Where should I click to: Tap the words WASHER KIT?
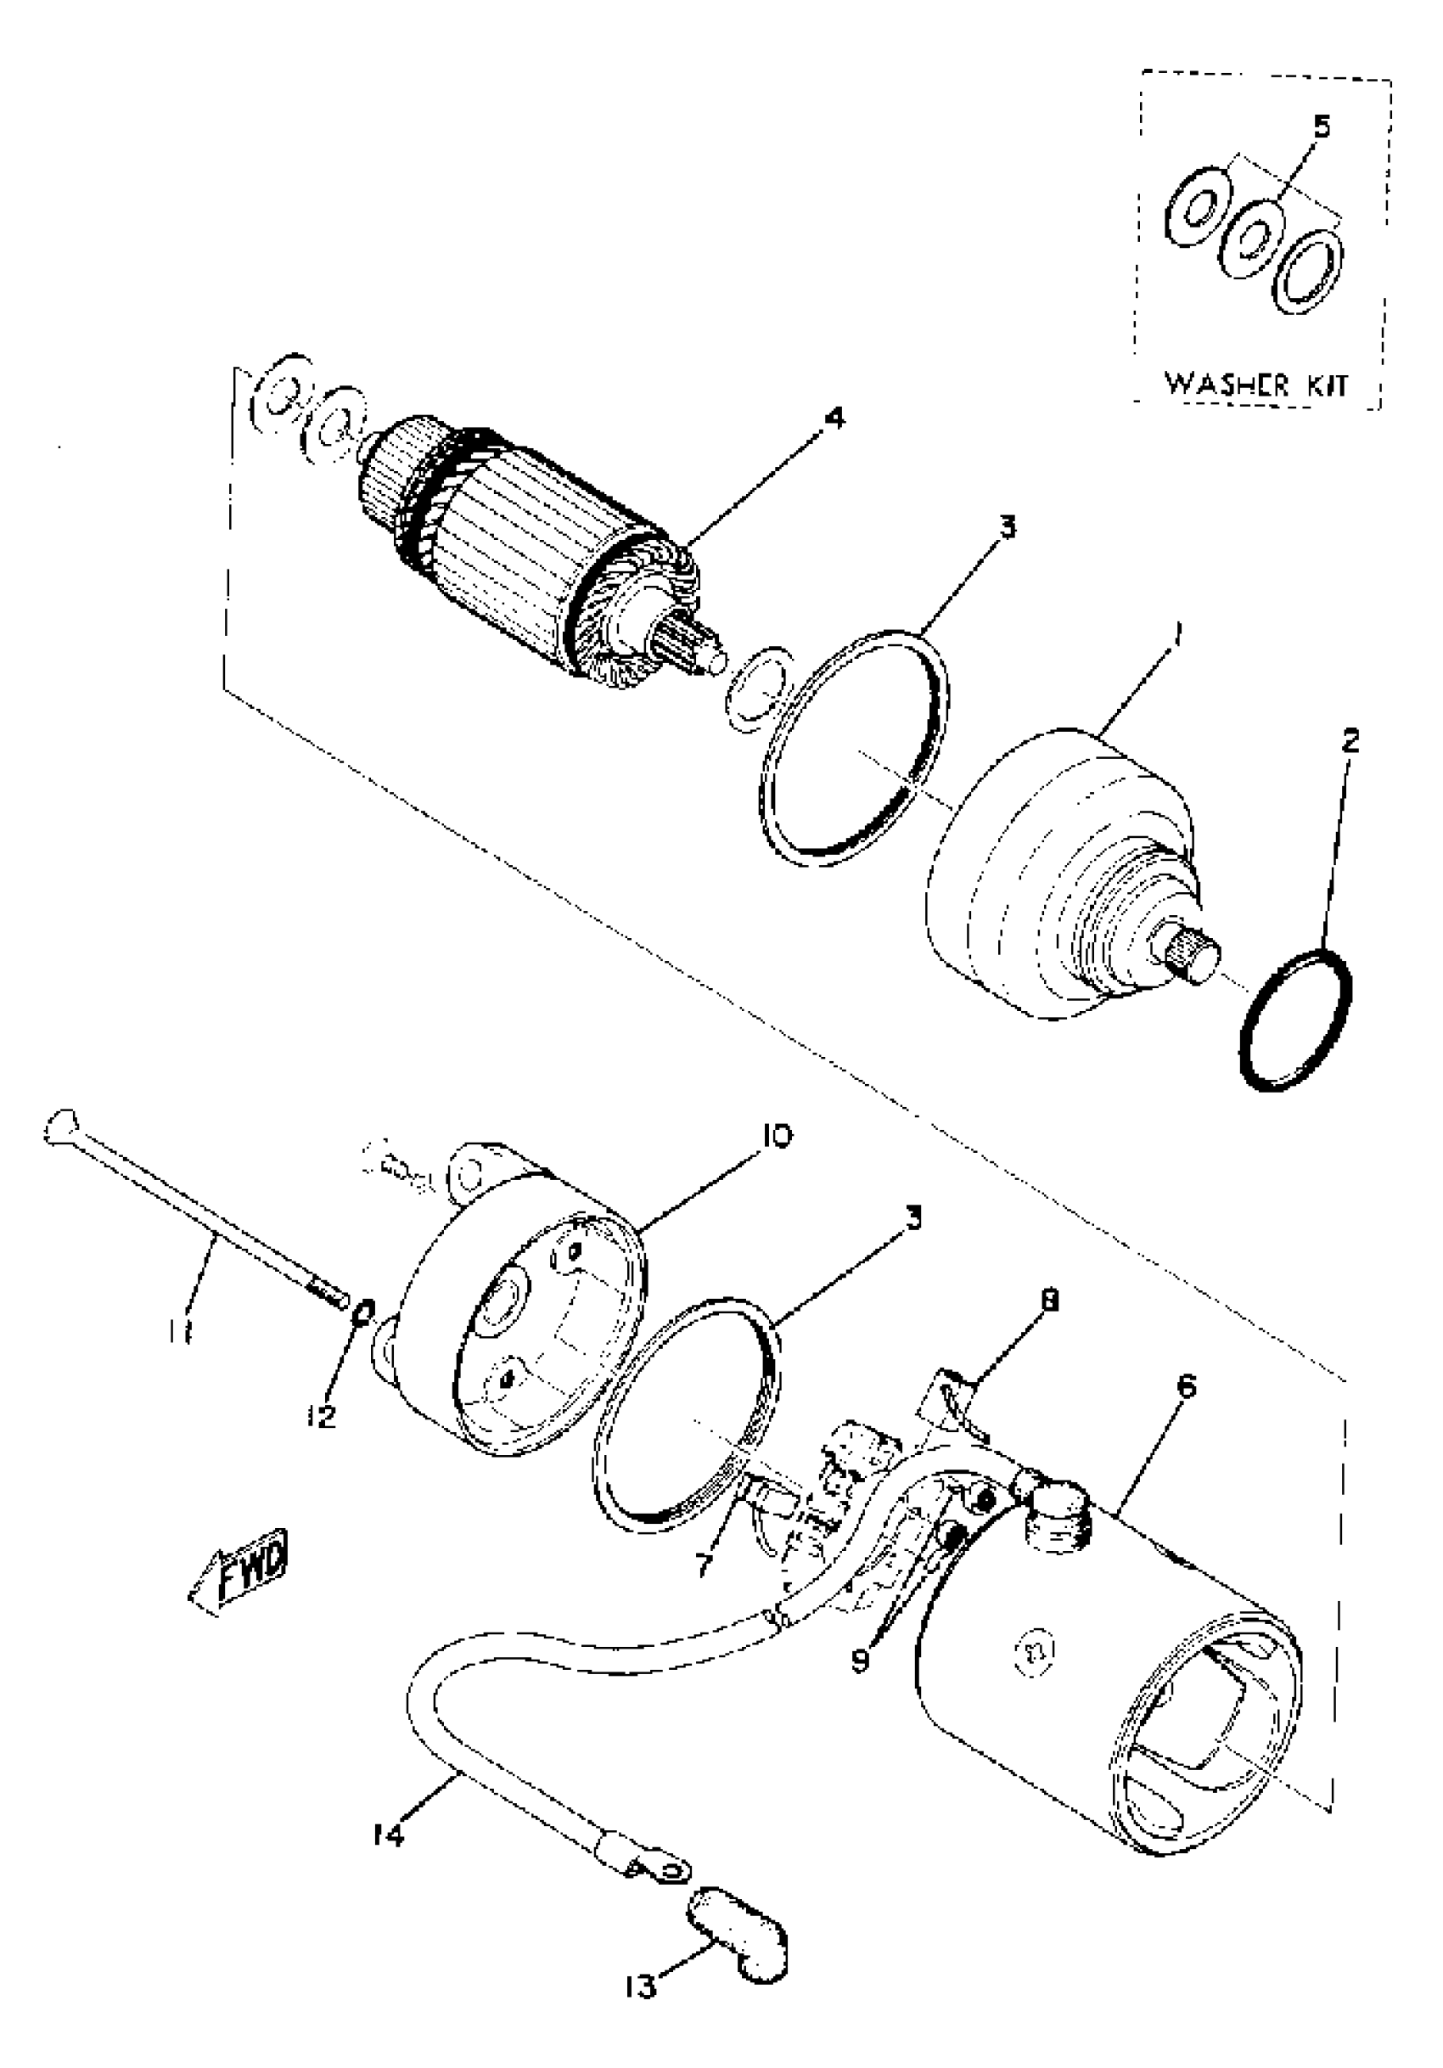pyautogui.click(x=1256, y=385)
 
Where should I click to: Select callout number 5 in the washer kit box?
pyautogui.click(x=1321, y=127)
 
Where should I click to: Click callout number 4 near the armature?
pyautogui.click(x=835, y=418)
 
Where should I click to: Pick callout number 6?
pyautogui.click(x=1187, y=1386)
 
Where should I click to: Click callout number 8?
pyautogui.click(x=1048, y=1299)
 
